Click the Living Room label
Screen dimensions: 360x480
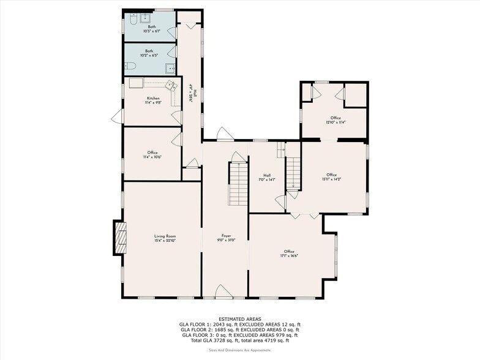coord(165,238)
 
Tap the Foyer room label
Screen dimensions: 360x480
coord(226,238)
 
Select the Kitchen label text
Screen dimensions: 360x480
coord(153,100)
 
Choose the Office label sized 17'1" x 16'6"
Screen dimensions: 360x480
coord(289,253)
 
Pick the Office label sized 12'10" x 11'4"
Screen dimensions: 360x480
coord(336,119)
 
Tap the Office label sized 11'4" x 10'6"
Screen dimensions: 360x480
coord(152,154)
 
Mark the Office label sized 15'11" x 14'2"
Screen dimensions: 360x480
coord(331,176)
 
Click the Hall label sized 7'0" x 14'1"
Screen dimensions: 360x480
coord(267,177)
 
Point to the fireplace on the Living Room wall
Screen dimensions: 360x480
coord(119,237)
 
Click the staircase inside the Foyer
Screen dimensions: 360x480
coord(238,184)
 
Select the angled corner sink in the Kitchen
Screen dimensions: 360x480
coord(173,86)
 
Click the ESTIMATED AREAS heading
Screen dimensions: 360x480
coord(240,319)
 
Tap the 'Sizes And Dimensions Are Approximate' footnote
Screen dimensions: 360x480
coord(240,350)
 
